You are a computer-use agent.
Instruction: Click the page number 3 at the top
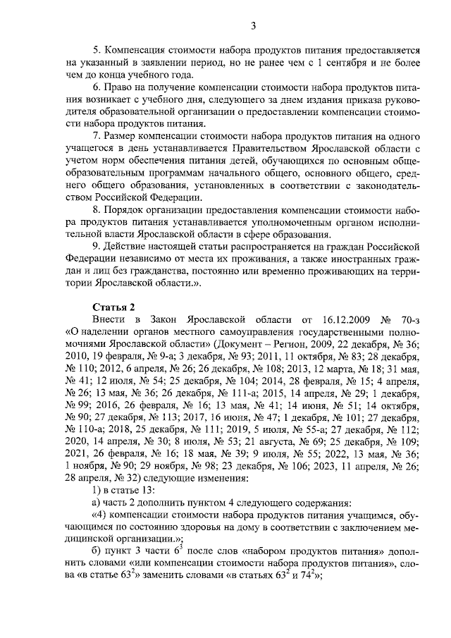(253, 26)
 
